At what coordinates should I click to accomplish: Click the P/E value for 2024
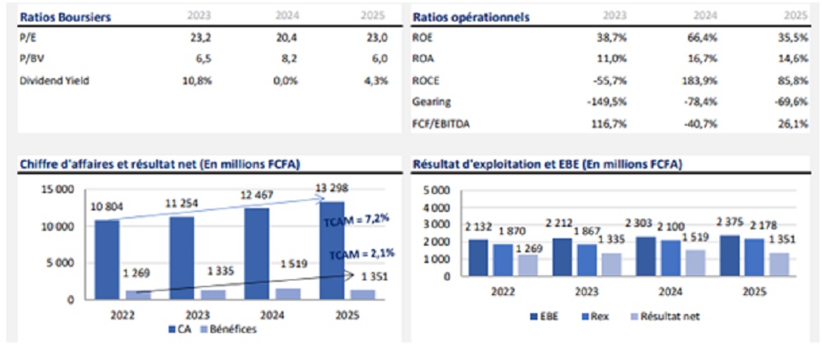click(x=288, y=38)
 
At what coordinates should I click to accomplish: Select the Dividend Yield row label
click(x=54, y=81)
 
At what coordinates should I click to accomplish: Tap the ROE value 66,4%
click(x=703, y=38)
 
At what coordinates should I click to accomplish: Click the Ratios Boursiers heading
click(x=65, y=16)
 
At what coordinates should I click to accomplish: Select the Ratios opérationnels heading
click(x=471, y=16)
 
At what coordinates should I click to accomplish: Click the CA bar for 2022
click(x=108, y=260)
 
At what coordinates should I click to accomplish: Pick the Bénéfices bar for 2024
click(x=289, y=294)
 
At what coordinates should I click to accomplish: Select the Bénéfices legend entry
click(x=228, y=330)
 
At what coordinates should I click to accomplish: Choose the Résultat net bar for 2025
click(x=779, y=265)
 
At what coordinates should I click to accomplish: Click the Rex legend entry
click(x=595, y=316)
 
